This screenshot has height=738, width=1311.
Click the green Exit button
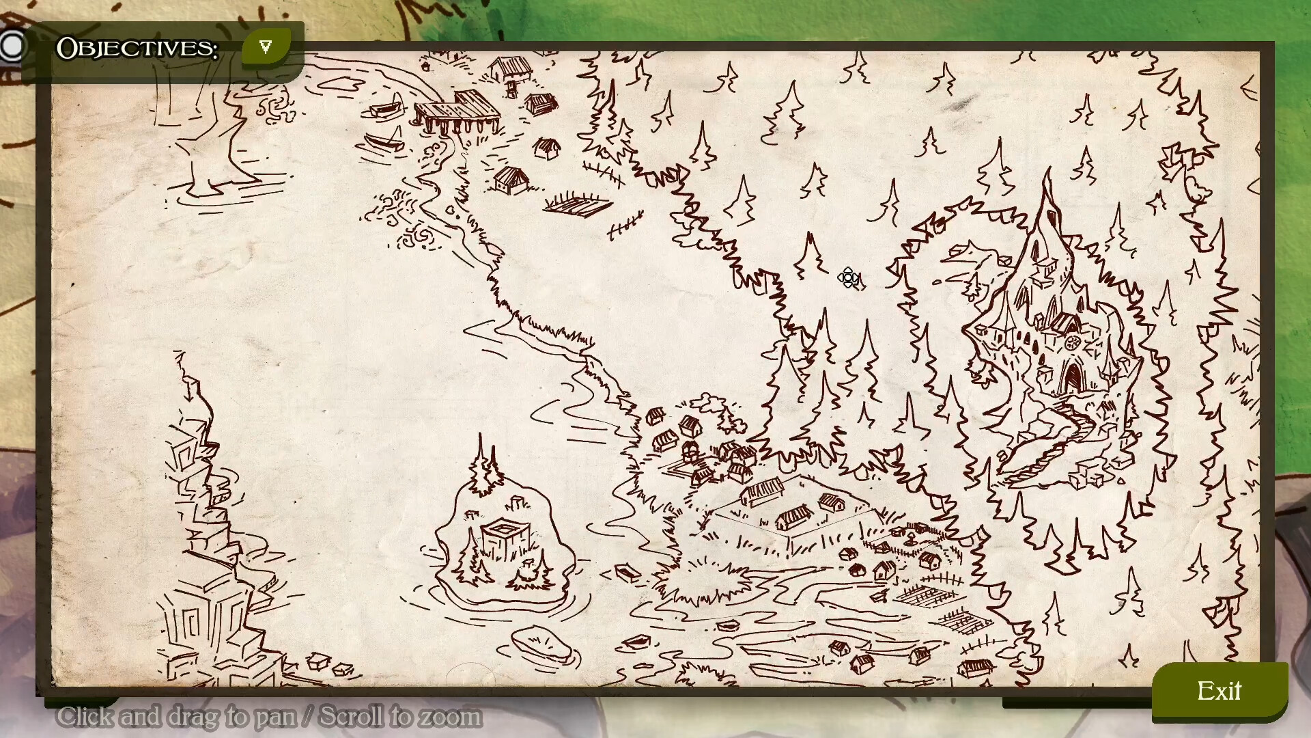pyautogui.click(x=1220, y=692)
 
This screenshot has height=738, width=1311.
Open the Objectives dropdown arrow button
pyautogui.click(x=266, y=47)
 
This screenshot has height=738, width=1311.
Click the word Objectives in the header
pyautogui.click(x=137, y=48)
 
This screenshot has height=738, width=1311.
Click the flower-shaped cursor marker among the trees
pyautogui.click(x=849, y=277)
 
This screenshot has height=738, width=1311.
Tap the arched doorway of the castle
pyautogui.click(x=1073, y=378)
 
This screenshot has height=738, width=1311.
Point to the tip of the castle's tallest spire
pyautogui.click(x=1047, y=171)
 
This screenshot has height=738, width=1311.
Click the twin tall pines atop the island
pyautogui.click(x=485, y=465)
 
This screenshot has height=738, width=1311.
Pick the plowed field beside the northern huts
pyautogui.click(x=577, y=204)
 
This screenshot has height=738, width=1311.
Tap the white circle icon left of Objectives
pyautogui.click(x=12, y=46)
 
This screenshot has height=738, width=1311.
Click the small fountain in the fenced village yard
pyautogui.click(x=911, y=540)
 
